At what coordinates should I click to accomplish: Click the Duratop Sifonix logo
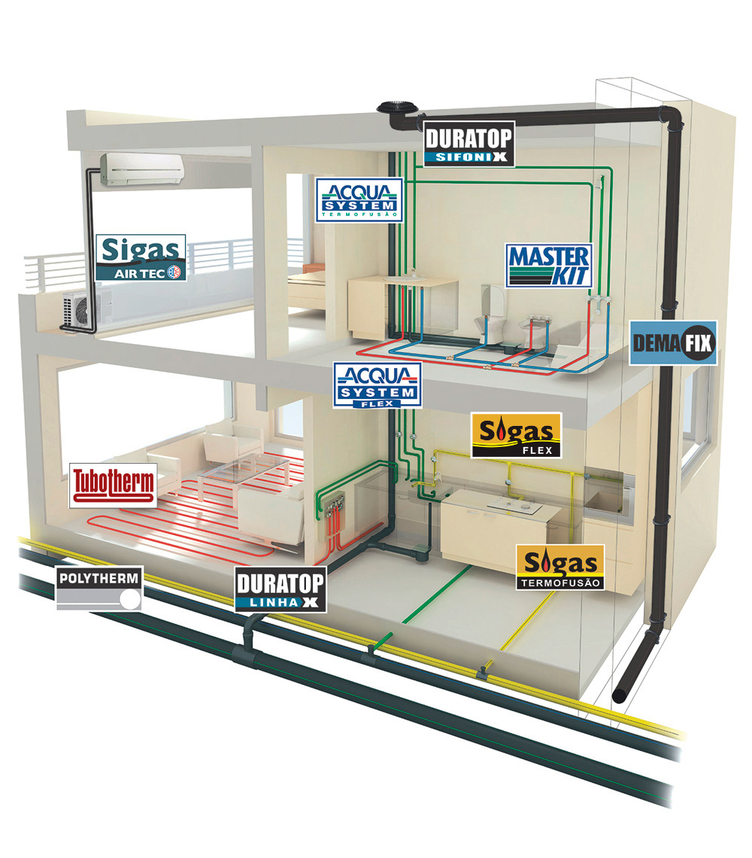tap(469, 144)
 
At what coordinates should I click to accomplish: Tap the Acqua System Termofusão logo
tap(359, 200)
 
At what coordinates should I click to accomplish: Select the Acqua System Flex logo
tap(378, 385)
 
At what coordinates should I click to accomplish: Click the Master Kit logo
tap(549, 266)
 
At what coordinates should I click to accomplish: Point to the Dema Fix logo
tap(673, 343)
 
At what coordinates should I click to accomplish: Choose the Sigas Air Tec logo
tap(141, 257)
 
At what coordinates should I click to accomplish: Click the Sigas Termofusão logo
tap(560, 567)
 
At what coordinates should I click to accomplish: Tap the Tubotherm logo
tap(114, 485)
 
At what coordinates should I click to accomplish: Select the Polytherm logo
tap(99, 589)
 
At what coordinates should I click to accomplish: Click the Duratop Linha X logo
tap(281, 589)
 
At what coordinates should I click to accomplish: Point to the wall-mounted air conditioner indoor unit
tap(141, 169)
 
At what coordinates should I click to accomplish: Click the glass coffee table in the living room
tap(244, 474)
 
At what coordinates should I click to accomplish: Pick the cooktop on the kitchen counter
tap(514, 507)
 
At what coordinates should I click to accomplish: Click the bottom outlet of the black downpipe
tap(620, 696)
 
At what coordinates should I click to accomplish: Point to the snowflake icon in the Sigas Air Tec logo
tap(174, 272)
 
